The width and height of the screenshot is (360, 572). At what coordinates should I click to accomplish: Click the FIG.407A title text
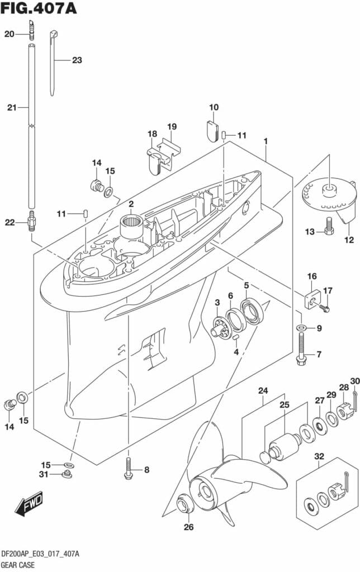click(39, 9)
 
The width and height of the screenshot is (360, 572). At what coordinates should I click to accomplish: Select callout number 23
click(77, 60)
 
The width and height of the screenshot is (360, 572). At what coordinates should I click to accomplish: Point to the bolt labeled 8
click(129, 469)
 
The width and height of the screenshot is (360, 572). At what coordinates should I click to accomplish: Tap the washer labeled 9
click(301, 328)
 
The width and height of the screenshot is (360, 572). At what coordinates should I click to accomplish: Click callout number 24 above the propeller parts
click(263, 390)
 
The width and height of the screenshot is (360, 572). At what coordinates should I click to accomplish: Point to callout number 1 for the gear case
click(266, 141)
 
